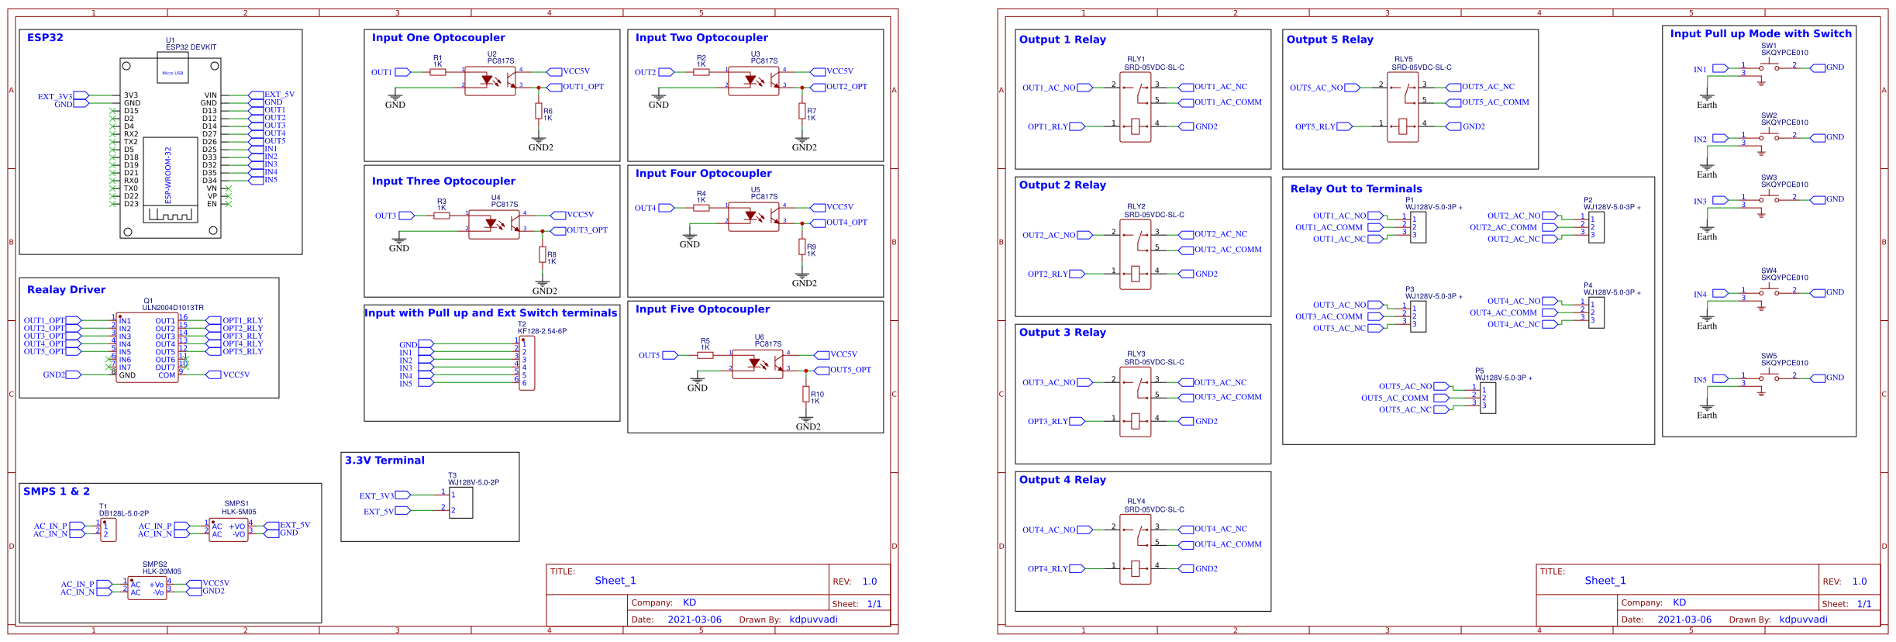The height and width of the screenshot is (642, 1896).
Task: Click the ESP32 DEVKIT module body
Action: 170,147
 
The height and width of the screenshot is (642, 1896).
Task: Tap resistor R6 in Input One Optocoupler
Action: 538,112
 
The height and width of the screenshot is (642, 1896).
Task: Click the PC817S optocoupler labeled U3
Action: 753,81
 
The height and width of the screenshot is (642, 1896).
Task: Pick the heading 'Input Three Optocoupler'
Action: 443,181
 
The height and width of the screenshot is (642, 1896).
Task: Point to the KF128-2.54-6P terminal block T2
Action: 527,362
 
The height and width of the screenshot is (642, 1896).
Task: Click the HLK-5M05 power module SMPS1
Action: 228,530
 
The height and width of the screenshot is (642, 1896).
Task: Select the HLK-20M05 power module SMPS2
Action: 147,588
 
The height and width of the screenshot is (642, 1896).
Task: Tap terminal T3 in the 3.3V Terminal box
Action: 460,502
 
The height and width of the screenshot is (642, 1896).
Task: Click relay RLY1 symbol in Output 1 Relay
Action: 1135,107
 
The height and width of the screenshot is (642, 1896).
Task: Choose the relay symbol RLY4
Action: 1135,550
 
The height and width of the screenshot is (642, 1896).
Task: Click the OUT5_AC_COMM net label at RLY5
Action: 1495,102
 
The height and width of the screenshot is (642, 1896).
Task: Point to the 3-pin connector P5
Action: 1487,398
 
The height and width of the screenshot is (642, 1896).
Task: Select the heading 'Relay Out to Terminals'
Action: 1356,189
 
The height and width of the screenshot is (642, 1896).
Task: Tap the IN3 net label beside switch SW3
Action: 1700,202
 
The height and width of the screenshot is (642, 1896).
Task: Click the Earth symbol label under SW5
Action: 1707,416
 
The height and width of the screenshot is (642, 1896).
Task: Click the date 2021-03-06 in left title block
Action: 694,620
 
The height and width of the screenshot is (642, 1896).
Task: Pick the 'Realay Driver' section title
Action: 66,290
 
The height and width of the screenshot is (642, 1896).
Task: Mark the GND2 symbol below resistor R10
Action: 808,426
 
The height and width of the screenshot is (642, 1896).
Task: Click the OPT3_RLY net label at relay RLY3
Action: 1047,422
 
